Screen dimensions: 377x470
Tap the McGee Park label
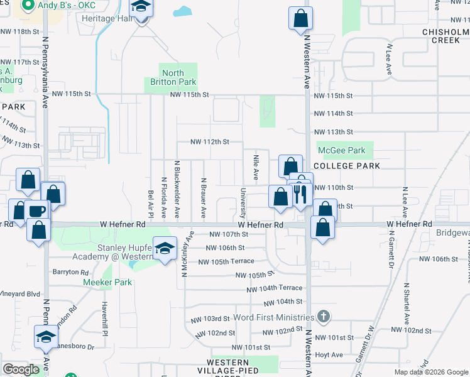pyautogui.click(x=342, y=151)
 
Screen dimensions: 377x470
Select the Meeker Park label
pyautogui.click(x=107, y=282)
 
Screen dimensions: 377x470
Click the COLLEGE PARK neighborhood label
pyautogui.click(x=347, y=166)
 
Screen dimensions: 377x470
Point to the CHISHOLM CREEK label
pyautogui.click(x=445, y=35)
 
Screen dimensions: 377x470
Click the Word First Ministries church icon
pyautogui.click(x=323, y=316)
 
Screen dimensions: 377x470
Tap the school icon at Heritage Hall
pyautogui.click(x=141, y=8)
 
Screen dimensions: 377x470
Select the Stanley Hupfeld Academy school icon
pyautogui.click(x=165, y=249)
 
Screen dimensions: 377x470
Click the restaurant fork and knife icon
pyautogui.click(x=299, y=194)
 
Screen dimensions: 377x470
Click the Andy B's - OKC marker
pyautogui.click(x=28, y=6)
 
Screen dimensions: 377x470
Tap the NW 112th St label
pyautogui.click(x=210, y=142)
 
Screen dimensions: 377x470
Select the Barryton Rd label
pyautogui.click(x=71, y=272)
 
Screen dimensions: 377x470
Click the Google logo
pyautogui.click(x=21, y=369)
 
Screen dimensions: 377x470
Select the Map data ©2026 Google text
pyautogui.click(x=431, y=372)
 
